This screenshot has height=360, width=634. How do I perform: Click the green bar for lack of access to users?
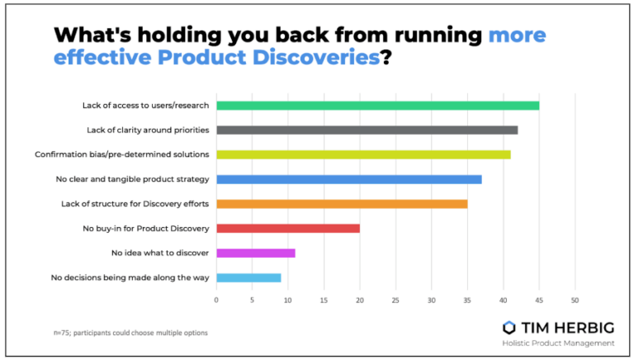tap(377, 105)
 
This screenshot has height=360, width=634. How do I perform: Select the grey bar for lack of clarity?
tap(367, 130)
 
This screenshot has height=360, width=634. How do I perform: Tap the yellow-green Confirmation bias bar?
tap(363, 154)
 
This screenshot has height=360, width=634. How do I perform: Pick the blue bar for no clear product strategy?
tap(348, 179)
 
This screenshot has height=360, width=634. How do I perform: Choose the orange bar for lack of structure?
tap(342, 203)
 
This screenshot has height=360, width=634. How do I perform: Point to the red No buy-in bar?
tap(287, 228)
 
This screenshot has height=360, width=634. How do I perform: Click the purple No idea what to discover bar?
tap(255, 253)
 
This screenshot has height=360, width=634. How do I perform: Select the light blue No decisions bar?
tap(248, 277)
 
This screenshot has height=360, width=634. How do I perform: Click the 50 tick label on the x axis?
tap(575, 301)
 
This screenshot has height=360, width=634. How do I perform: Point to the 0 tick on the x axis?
tap(216, 301)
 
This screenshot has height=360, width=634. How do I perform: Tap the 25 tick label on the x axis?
tap(395, 301)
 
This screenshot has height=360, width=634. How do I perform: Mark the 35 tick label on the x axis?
tap(467, 301)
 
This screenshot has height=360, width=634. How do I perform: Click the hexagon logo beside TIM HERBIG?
tap(510, 326)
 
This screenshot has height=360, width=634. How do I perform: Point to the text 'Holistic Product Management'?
tap(559, 343)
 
